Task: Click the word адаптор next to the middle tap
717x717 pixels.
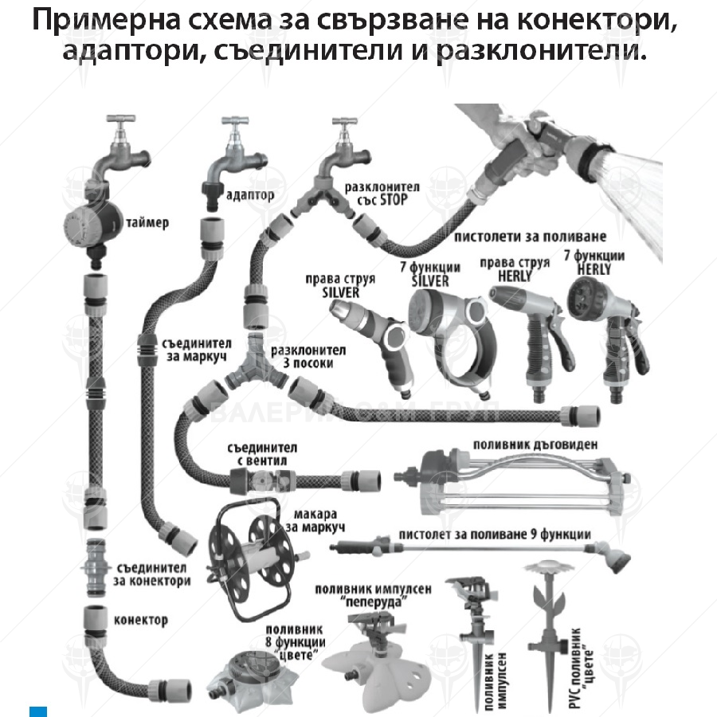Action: point(250,194)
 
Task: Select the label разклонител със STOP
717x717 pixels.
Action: point(375,193)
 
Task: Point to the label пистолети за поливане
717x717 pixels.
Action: point(530,237)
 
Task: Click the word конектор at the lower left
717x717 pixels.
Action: point(141,619)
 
